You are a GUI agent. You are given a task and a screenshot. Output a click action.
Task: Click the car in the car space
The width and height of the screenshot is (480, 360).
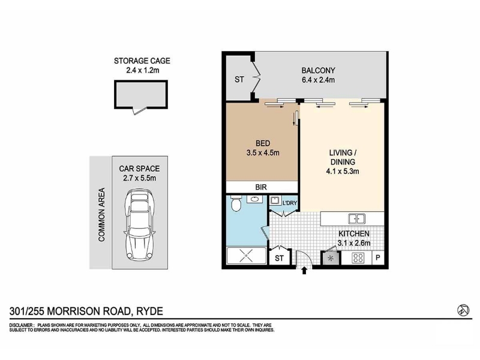pyautogui.click(x=139, y=225)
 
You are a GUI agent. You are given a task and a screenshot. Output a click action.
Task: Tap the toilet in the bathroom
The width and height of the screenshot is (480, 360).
pyautogui.click(x=236, y=203)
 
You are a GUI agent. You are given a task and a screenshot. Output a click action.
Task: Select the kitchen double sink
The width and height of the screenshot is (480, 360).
pyautogui.click(x=356, y=219)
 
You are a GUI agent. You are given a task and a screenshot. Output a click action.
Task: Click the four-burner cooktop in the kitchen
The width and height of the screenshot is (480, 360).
pyautogui.click(x=358, y=258)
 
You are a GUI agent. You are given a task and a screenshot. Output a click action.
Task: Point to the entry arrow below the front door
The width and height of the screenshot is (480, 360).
pyautogui.click(x=304, y=271)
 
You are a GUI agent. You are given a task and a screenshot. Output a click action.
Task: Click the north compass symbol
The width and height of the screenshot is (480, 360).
pyautogui.click(x=463, y=310)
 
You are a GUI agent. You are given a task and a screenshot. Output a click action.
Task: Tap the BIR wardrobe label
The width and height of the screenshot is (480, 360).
pyautogui.click(x=261, y=187)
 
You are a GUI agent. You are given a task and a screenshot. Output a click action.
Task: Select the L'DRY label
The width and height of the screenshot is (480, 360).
pyautogui.click(x=290, y=203)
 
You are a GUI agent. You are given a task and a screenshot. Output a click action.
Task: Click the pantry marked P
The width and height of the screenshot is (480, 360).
pyautogui.click(x=378, y=258)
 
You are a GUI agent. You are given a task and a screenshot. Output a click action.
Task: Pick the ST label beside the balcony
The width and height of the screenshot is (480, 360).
pyautogui.click(x=239, y=80)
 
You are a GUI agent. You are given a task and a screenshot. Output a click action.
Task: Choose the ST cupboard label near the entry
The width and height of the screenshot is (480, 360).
pyautogui.click(x=279, y=259)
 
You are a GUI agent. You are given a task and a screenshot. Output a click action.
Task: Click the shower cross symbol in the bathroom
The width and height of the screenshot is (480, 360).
pyautogui.click(x=247, y=256)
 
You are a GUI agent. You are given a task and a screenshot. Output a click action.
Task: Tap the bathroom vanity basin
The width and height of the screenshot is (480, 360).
pyautogui.click(x=254, y=199)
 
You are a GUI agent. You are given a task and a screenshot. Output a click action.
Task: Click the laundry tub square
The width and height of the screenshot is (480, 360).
pyautogui.click(x=275, y=201)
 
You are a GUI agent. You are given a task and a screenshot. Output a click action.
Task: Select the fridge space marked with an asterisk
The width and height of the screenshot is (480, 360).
pyautogui.click(x=331, y=259)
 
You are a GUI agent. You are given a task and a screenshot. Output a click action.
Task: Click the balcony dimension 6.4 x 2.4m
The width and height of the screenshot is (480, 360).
pyautogui.click(x=318, y=80)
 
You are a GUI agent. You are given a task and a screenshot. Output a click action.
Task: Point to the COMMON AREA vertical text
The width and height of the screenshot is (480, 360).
pyautogui.click(x=101, y=214)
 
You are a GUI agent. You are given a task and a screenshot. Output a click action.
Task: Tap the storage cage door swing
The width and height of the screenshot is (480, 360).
pyautogui.click(x=140, y=110)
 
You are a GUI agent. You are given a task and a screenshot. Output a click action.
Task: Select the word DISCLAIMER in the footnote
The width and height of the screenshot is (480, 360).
pyautogui.click(x=21, y=325)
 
